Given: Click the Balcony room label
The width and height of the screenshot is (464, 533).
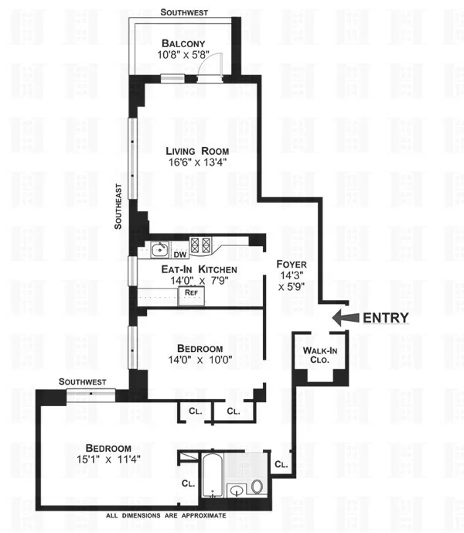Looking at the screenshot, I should pos(183,43).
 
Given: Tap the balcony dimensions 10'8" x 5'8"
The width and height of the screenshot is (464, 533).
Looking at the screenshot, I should pos(183,56).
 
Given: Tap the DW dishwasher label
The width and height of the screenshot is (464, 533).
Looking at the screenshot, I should pos(179,255).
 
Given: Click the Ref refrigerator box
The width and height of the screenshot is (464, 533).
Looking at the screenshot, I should pos(190,294).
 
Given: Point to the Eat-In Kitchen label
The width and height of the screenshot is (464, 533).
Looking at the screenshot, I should pos(199,268).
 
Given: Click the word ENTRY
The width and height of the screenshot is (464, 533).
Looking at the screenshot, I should pos(386,317).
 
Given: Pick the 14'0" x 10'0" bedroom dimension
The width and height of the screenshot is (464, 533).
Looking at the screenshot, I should pos(200,360).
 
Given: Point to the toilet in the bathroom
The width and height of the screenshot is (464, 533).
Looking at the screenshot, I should pos(258,486).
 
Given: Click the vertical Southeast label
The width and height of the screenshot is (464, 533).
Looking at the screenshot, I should pos(119,206).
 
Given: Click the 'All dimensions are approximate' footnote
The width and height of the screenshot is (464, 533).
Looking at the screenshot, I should pos(166,515).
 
